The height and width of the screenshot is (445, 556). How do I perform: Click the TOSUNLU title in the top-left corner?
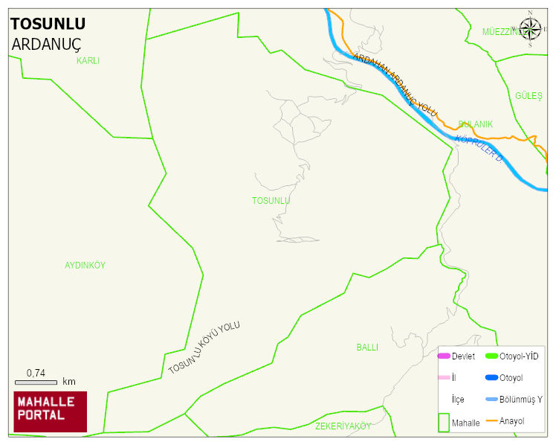(48, 24)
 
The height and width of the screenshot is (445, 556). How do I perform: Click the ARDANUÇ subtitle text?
(46, 44)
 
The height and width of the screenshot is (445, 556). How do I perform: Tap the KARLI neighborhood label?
(88, 61)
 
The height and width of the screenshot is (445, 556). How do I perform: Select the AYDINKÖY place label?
(85, 266)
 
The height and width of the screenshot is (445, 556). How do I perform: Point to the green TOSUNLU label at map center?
(271, 201)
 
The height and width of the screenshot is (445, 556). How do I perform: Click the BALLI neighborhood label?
(367, 348)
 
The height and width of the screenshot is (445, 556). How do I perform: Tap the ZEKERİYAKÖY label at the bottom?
(343, 426)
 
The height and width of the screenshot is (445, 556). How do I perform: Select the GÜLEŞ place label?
(528, 97)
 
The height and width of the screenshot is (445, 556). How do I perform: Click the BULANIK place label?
(475, 124)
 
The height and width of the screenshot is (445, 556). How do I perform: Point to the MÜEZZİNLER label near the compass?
(502, 32)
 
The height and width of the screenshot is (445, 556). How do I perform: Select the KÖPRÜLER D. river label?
(479, 150)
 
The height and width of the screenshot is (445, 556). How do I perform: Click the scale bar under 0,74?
(36, 382)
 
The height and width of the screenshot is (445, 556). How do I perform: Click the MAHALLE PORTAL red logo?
(50, 412)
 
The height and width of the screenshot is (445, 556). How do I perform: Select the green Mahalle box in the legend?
(444, 422)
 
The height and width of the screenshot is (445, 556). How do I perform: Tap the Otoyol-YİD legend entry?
(519, 356)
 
